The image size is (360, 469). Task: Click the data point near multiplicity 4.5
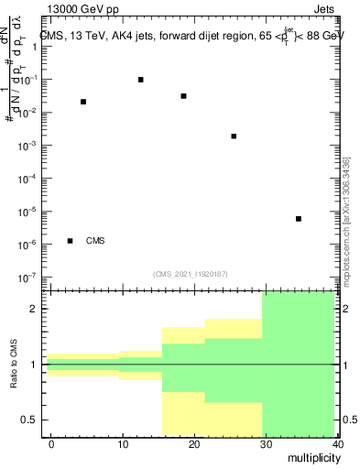tap(83, 102)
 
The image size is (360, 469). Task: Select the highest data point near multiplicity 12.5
tap(141, 80)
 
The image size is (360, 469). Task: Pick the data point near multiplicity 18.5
tap(184, 96)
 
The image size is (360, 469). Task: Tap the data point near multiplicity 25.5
tap(235, 136)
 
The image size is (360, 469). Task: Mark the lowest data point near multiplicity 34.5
tap(299, 219)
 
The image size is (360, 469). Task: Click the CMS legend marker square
tap(71, 241)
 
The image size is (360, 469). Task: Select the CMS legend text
tap(95, 241)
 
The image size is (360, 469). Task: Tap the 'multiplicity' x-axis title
tap(312, 457)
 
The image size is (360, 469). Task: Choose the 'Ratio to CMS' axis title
tap(15, 364)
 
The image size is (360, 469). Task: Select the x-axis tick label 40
tap(338, 444)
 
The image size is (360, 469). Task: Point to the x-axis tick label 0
tap(51, 444)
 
